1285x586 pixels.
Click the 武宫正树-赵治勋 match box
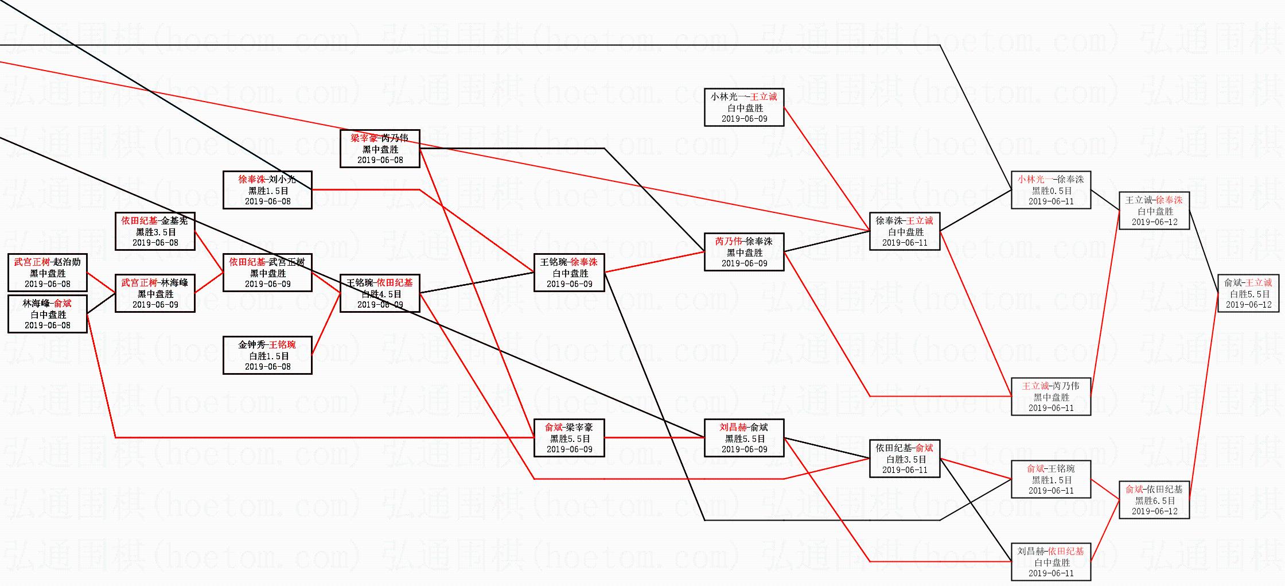coord(48,273)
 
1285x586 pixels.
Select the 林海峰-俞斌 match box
coord(48,314)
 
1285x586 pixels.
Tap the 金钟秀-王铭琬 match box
coord(267,355)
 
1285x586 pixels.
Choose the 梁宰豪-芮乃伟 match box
coord(380,149)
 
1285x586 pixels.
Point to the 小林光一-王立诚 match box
coord(744,107)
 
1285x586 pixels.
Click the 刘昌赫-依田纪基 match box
coord(1050,562)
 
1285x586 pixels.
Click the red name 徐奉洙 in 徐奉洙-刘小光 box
coord(252,180)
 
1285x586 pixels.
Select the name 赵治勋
coord(68,262)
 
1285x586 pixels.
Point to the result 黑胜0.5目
coord(1052,191)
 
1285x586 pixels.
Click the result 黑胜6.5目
coord(1155,500)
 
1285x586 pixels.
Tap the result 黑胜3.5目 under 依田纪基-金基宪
coord(155,232)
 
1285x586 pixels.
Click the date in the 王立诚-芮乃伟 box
coord(1051,408)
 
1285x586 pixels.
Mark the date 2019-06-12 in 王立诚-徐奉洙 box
coord(1154,222)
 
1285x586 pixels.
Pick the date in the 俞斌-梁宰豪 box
coord(569,449)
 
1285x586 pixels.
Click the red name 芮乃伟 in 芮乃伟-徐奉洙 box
coord(729,242)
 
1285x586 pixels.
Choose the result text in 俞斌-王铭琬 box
coord(1052,480)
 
